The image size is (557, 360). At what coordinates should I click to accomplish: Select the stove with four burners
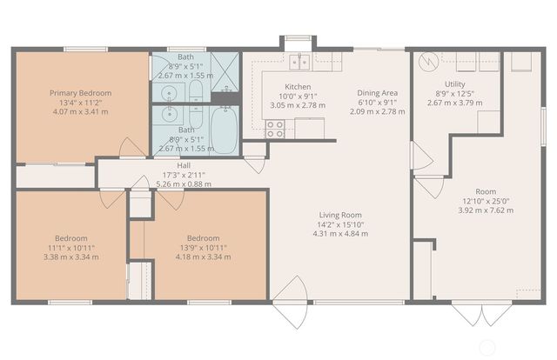coord(275,129)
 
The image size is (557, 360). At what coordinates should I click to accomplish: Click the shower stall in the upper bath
coord(225,69)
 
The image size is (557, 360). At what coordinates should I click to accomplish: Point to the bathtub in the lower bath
coord(224,130)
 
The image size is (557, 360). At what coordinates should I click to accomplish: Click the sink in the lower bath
coord(167,115)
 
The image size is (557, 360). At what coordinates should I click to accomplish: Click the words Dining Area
coord(378,93)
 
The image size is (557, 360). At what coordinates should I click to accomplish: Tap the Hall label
coord(184,165)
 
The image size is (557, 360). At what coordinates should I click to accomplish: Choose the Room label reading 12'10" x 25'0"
coord(485,201)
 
